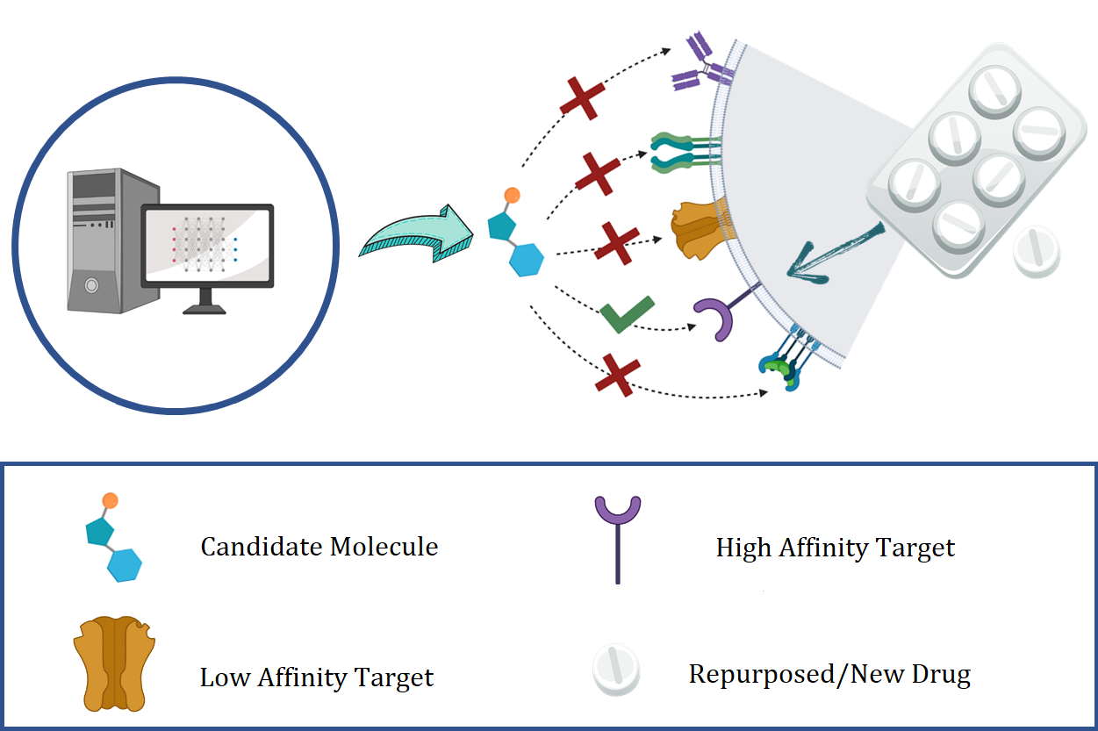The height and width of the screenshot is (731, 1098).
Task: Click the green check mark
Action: [627, 314]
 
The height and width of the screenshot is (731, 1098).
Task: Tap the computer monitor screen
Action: [208, 245]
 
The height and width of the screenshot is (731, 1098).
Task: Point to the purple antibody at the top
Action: [694, 62]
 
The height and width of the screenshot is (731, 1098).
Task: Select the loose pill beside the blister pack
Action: [1037, 252]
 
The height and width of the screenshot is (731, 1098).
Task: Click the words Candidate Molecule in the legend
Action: [319, 547]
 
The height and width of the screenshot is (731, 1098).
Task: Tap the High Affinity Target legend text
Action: [835, 548]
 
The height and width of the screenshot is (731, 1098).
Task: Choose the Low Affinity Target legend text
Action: [317, 677]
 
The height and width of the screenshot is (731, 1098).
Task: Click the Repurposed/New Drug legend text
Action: [829, 674]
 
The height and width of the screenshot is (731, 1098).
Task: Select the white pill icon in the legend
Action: [616, 671]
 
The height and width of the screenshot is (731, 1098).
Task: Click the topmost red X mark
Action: [583, 98]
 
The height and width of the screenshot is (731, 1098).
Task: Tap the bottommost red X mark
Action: [617, 375]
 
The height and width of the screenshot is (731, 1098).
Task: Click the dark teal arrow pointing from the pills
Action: [834, 254]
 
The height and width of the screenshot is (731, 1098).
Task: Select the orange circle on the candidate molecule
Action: [512, 195]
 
